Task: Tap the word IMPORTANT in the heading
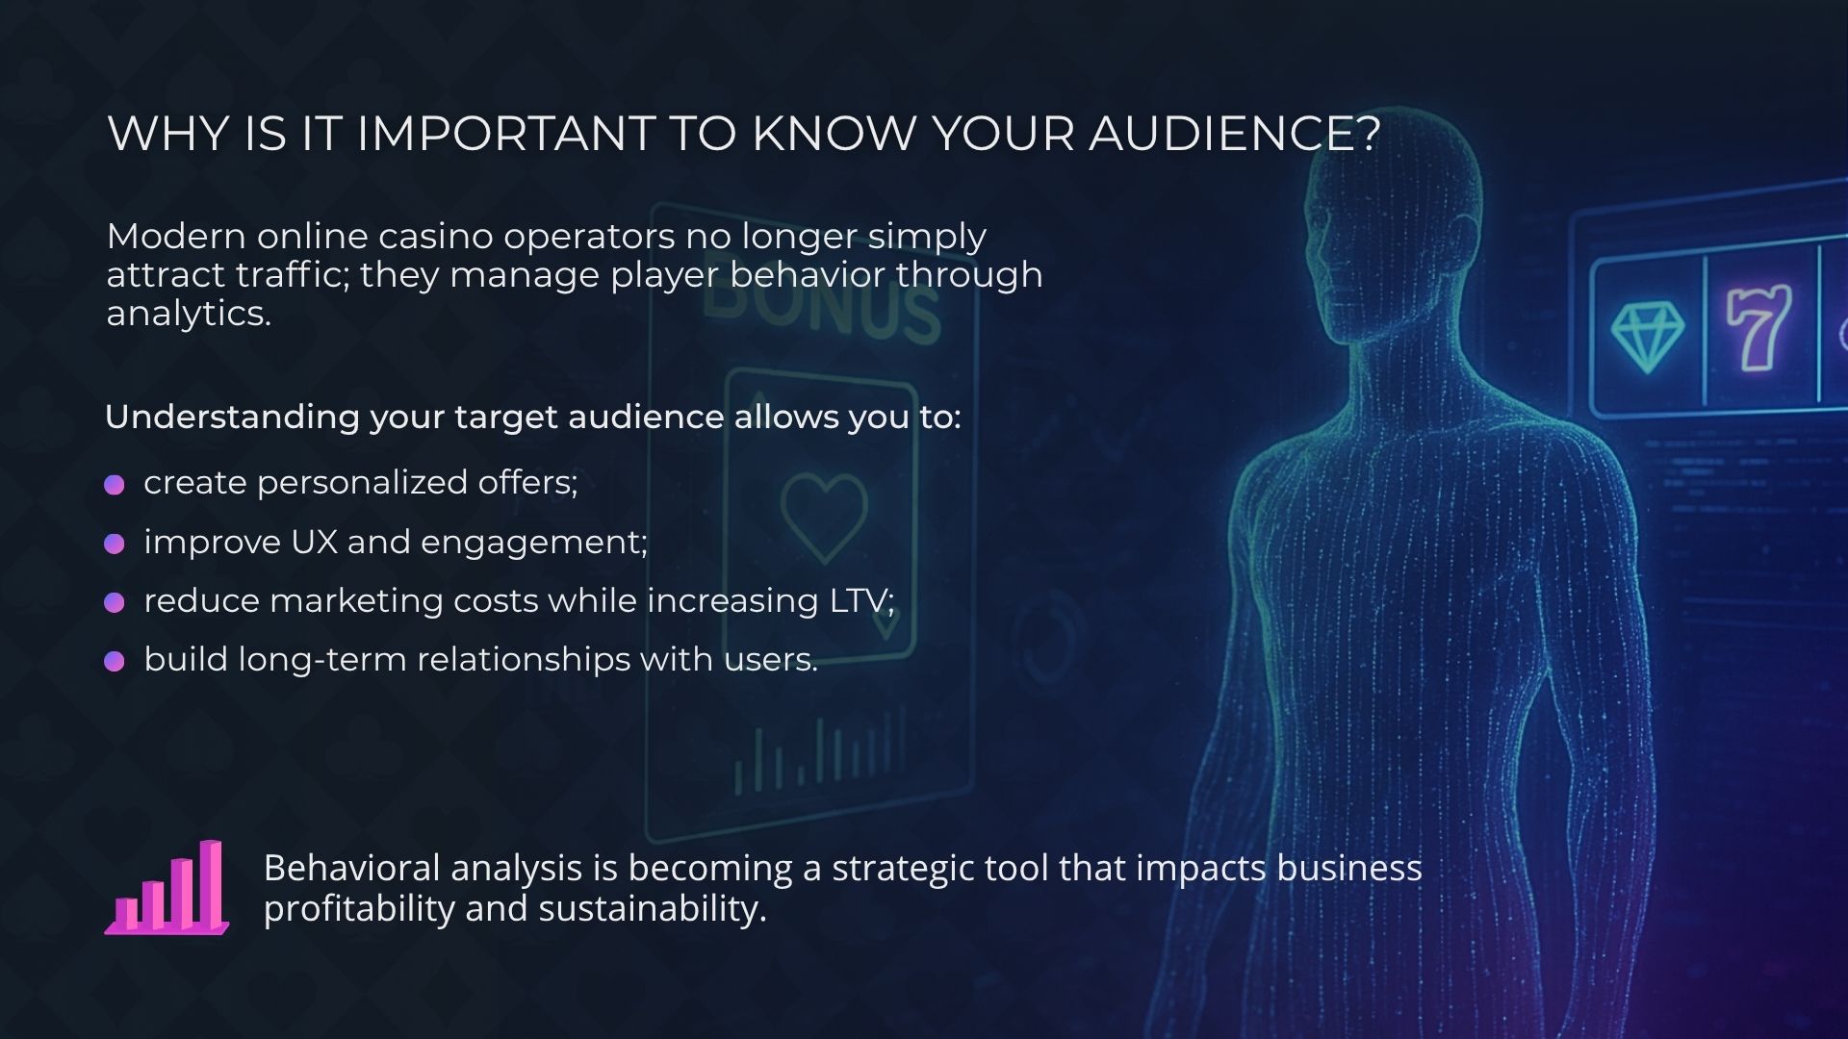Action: point(506,134)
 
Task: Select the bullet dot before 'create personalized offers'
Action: point(115,484)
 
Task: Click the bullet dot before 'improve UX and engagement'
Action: point(115,544)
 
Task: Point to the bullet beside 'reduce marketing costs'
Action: point(115,602)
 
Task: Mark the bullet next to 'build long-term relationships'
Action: point(115,661)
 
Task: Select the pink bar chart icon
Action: point(167,887)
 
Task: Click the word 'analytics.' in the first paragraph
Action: point(189,315)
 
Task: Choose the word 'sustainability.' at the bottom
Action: point(653,909)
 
